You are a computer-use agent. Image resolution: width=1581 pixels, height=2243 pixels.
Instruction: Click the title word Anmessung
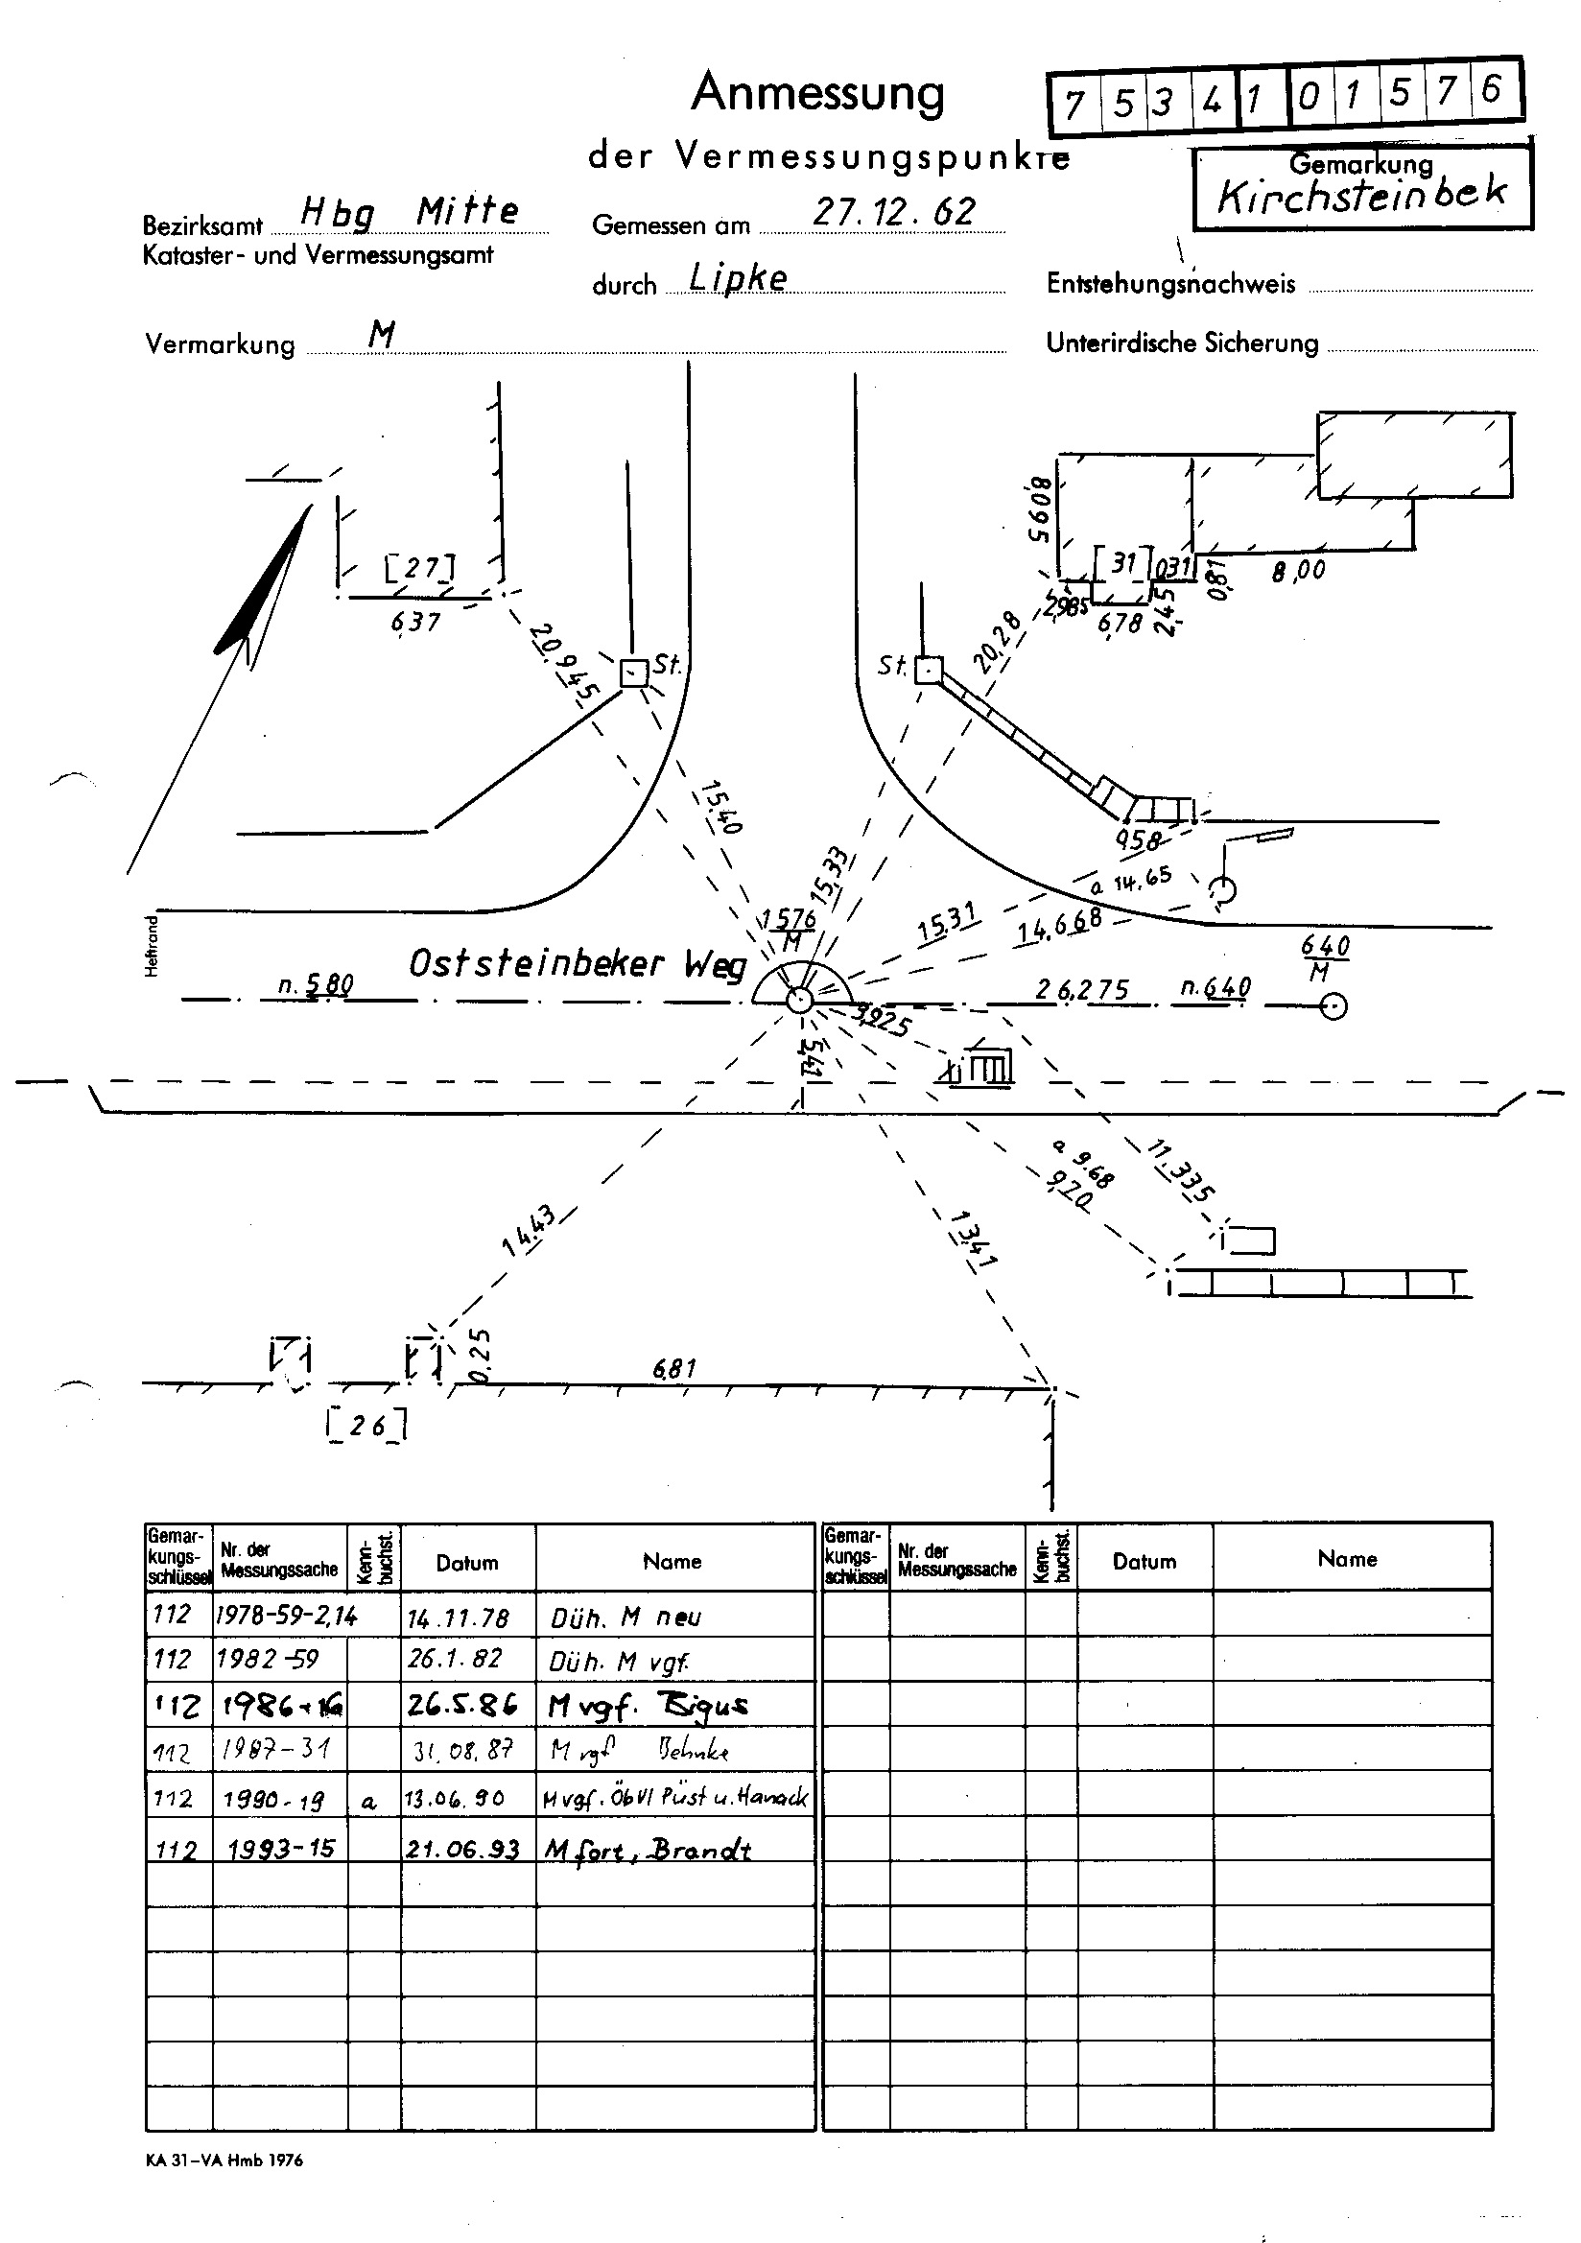(818, 95)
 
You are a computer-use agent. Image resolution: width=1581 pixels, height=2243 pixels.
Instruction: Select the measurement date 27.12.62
(893, 212)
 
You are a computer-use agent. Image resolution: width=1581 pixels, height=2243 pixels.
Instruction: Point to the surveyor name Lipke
(738, 278)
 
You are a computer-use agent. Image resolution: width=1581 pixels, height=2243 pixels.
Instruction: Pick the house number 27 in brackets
(420, 568)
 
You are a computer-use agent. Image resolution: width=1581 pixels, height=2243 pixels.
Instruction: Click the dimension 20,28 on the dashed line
(998, 641)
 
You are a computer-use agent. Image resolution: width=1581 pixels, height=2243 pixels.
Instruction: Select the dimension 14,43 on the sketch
(528, 1231)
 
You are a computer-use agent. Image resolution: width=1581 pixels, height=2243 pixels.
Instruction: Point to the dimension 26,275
(1082, 991)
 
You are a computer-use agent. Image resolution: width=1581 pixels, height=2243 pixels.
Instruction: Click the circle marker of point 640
(1333, 1006)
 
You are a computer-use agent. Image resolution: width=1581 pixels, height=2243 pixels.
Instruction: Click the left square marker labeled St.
(633, 673)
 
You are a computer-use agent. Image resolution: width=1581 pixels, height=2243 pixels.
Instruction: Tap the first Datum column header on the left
(467, 1562)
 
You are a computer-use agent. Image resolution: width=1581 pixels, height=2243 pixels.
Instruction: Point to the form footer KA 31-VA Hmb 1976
(224, 2160)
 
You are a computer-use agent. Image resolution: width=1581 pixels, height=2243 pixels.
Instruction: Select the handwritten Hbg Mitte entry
(409, 211)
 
